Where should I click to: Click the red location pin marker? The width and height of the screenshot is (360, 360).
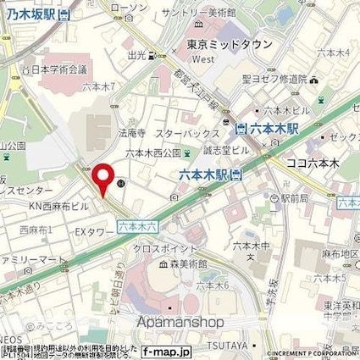(x=102, y=179)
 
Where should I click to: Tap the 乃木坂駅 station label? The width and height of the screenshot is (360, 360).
(x=33, y=14)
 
